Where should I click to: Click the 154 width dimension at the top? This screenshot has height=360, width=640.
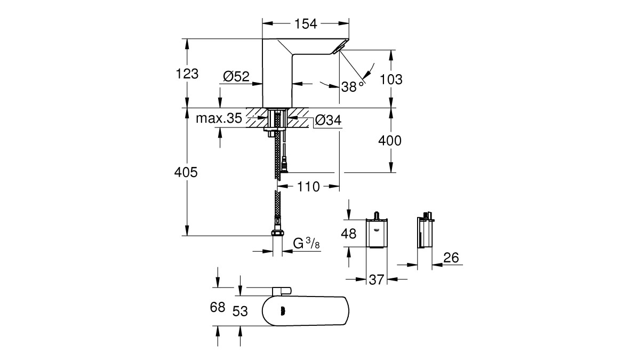[306, 24]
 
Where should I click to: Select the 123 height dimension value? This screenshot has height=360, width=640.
[187, 74]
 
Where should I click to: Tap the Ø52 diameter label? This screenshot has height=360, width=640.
[236, 76]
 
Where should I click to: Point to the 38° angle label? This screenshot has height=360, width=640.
[353, 86]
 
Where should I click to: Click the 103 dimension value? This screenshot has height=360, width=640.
[391, 79]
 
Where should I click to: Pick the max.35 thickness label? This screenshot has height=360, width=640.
[219, 118]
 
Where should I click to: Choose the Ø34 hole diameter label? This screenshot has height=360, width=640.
[329, 120]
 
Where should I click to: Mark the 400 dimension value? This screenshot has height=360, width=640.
[390, 141]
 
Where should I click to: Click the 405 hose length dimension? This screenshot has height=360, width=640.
[186, 172]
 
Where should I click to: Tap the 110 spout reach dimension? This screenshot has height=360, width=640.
[308, 187]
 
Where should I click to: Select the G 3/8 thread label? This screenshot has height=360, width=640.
[306, 243]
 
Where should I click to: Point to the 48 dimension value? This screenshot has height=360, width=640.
[349, 234]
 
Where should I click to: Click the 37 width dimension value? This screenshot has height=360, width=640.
[377, 279]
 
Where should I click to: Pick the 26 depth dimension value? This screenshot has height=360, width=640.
[451, 258]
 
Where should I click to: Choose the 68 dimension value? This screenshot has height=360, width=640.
[218, 307]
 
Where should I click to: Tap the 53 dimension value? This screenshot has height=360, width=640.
[240, 311]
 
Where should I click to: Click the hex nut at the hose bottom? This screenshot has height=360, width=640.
[277, 232]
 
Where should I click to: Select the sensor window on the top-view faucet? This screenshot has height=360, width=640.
[283, 311]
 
